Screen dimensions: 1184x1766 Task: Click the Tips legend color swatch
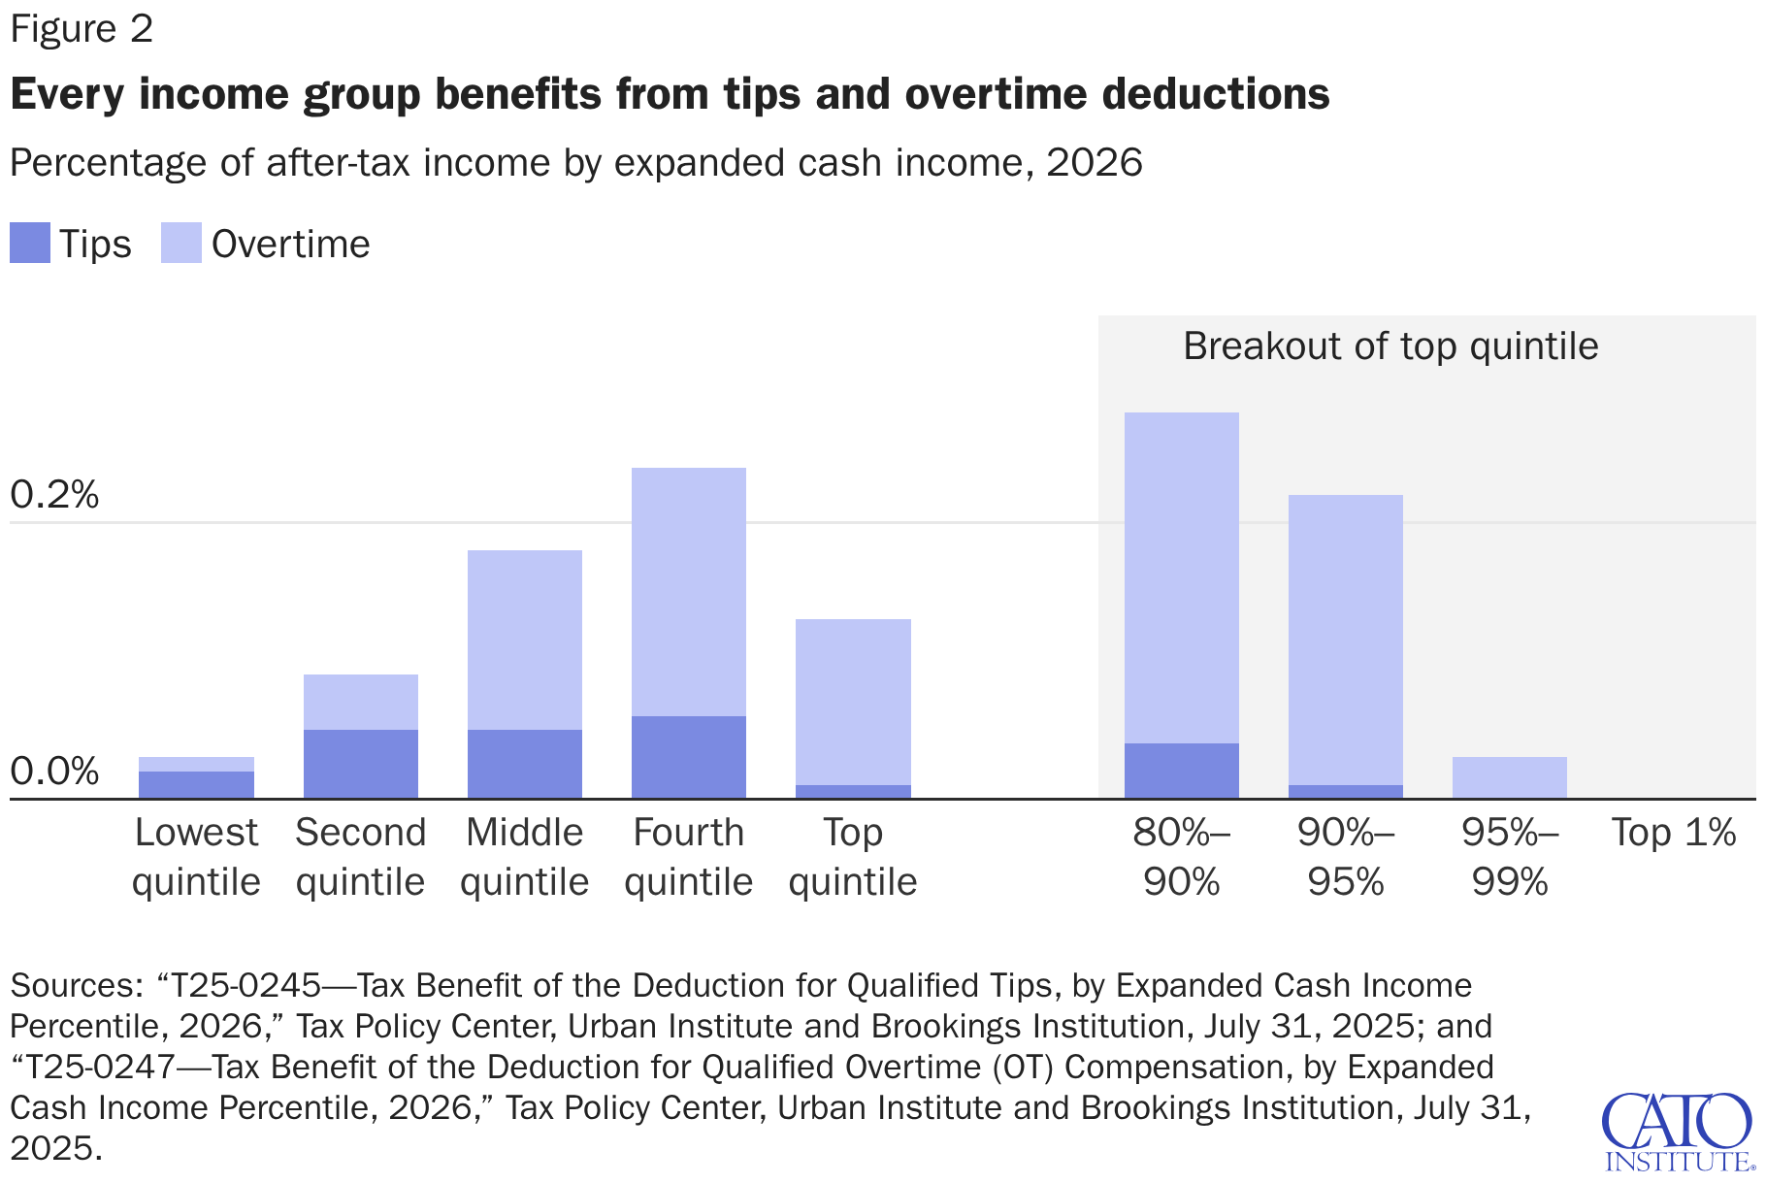click(29, 243)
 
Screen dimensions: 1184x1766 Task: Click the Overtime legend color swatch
click(180, 243)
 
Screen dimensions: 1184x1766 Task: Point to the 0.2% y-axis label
click(54, 495)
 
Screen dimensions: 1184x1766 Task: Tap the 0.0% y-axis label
click(54, 772)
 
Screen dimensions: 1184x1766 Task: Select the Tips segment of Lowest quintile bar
click(196, 785)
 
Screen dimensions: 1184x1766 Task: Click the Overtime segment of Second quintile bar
click(360, 702)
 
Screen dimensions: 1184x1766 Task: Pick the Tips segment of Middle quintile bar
click(524, 764)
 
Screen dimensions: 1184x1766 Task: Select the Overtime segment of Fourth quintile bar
click(688, 592)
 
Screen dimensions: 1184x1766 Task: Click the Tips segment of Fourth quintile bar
click(688, 757)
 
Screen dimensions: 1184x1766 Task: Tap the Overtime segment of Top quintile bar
click(853, 702)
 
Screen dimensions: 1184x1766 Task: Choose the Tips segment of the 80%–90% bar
click(1181, 771)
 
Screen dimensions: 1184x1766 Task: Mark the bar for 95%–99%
click(1509, 777)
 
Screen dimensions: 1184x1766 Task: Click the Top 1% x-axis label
click(1673, 833)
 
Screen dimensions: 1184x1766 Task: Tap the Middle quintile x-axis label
click(524, 857)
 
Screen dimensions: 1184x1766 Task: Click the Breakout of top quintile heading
click(1390, 346)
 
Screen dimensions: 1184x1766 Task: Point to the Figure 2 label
click(82, 29)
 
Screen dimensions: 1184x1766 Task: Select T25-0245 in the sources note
click(246, 986)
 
